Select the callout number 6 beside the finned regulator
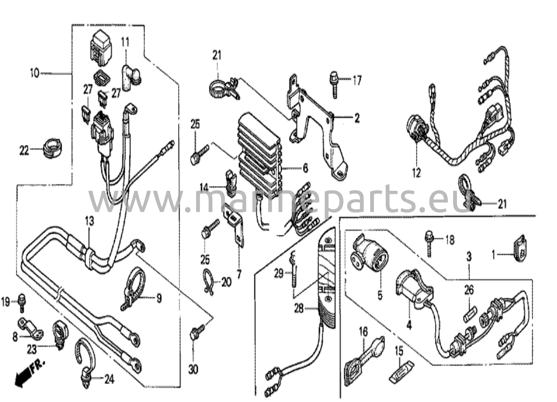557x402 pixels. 305,169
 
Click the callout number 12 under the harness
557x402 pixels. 416,173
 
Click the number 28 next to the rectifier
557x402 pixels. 299,308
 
